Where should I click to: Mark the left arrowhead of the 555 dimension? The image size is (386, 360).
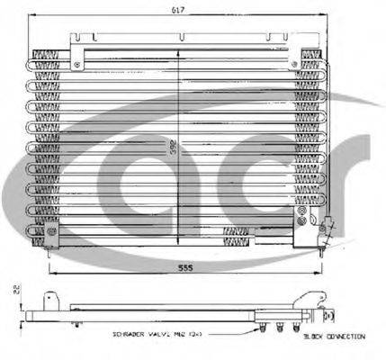(x=50, y=273)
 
